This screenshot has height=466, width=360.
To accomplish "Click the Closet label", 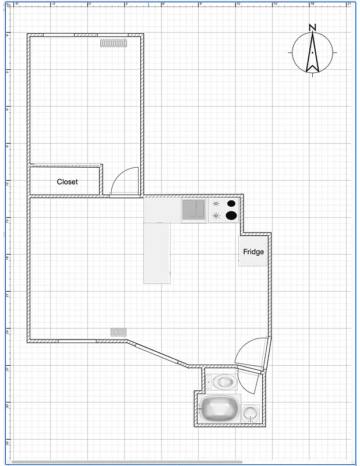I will [x=67, y=182].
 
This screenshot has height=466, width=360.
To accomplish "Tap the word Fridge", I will [x=253, y=252].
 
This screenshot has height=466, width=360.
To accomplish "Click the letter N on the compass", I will [x=313, y=27].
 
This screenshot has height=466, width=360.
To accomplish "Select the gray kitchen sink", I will [x=194, y=210].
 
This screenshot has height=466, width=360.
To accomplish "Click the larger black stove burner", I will [x=231, y=216].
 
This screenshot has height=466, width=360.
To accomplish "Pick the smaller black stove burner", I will [x=231, y=203].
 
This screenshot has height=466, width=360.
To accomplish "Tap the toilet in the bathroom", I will [x=223, y=382].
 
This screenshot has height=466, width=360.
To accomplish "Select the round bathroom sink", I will [x=250, y=413].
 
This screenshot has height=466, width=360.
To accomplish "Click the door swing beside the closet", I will [x=124, y=181].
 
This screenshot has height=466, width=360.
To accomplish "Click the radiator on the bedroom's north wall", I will [x=114, y=43].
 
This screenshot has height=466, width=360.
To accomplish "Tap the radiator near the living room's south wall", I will [x=119, y=331].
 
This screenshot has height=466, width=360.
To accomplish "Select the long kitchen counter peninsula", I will [x=157, y=253].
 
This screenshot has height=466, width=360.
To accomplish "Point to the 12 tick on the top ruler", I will [x=238, y=3].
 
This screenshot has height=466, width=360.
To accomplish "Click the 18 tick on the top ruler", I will [x=312, y=3].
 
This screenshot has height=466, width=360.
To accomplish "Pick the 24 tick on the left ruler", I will [x=7, y=331].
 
